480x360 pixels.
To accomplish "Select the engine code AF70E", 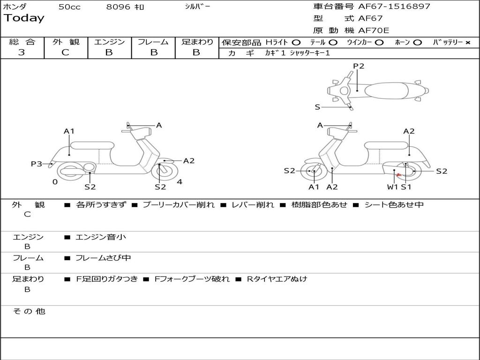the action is [x=374, y=30].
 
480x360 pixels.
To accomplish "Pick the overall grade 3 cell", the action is [x=22, y=52].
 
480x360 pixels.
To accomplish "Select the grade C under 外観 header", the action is [x=65, y=52].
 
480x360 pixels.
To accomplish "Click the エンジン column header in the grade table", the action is [x=109, y=42].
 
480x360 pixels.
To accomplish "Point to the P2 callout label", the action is [x=359, y=66].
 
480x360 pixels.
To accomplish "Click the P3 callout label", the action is [x=37, y=164].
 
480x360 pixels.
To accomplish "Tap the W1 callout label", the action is [x=392, y=187].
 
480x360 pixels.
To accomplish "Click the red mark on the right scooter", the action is [x=398, y=175].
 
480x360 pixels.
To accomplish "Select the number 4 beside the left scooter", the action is [x=180, y=182].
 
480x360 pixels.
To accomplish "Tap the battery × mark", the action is [x=467, y=42].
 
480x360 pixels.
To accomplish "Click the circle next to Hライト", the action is [x=296, y=42].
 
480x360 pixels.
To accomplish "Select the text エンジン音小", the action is [x=101, y=237].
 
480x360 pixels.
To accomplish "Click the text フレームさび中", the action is [x=103, y=258].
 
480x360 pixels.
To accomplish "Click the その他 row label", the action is [x=29, y=311].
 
